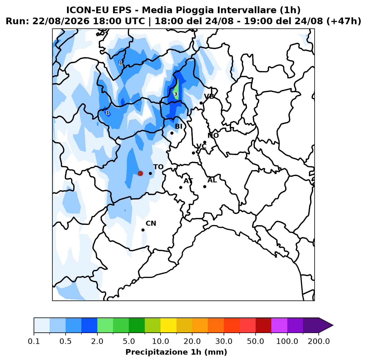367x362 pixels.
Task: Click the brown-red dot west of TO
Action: tap(140, 173)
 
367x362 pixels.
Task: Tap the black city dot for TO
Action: tap(150, 173)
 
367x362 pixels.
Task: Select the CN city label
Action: tap(151, 223)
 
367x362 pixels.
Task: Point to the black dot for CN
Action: tap(143, 230)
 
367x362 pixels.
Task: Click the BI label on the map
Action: tap(178, 126)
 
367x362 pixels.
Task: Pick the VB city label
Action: tap(209, 96)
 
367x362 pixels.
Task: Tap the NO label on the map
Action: tap(213, 135)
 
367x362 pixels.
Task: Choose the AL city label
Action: tap(212, 180)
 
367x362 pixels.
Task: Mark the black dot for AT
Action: tap(181, 187)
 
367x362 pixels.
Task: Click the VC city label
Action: tap(201, 146)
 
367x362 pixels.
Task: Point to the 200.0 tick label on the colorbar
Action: tap(319, 341)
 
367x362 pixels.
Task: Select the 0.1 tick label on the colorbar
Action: tap(34, 341)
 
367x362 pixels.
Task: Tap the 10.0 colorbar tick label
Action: tap(160, 341)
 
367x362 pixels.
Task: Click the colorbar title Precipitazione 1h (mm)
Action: tap(176, 352)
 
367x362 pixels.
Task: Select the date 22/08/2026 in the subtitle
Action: tap(61, 21)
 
